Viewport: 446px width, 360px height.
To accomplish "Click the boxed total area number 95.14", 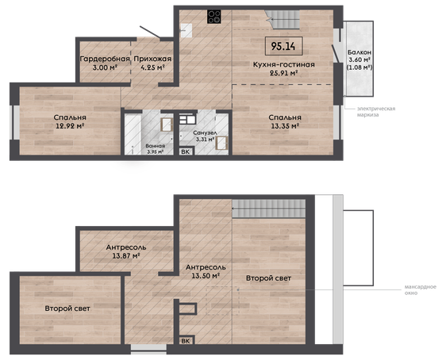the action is (283, 46).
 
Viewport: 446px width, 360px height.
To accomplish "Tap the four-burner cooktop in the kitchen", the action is (214, 17).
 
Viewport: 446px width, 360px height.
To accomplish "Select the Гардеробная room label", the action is (105, 59).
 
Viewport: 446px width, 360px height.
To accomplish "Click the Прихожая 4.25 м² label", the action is (152, 63).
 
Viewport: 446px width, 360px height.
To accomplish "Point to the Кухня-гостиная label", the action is (284, 64).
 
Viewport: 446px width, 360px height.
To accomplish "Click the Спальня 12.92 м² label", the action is (70, 121).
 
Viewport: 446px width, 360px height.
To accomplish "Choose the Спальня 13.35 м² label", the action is (285, 121).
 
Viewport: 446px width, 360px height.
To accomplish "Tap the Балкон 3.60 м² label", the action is (359, 60).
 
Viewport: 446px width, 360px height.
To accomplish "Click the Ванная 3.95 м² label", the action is (155, 148).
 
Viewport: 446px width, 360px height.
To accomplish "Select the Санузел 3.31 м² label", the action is (205, 136).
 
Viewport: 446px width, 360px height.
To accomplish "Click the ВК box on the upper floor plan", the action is (186, 151).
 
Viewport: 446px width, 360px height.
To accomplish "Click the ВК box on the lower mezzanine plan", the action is (186, 341).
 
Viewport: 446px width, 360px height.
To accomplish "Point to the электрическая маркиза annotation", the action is (376, 112).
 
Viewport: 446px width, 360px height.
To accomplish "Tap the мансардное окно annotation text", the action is (421, 289).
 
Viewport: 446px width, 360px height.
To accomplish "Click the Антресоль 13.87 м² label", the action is (126, 251).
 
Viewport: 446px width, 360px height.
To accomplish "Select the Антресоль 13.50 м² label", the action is (206, 271).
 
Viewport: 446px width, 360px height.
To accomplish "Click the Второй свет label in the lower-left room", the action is (67, 308).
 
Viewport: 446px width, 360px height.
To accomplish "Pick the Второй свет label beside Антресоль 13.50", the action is (268, 278).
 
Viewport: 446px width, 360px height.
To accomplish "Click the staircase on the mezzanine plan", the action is (269, 209).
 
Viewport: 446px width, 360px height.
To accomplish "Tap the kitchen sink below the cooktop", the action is (186, 30).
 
